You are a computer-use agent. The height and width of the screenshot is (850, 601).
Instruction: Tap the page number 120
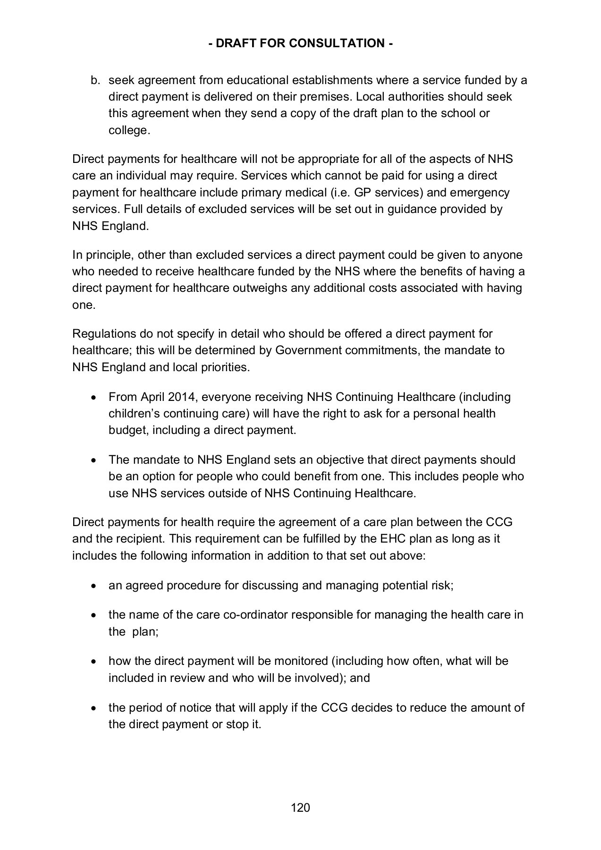click(x=300, y=807)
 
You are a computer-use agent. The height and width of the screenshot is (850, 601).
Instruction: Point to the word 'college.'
click(x=129, y=130)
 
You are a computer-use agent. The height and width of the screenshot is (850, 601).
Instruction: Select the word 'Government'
click(x=308, y=350)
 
